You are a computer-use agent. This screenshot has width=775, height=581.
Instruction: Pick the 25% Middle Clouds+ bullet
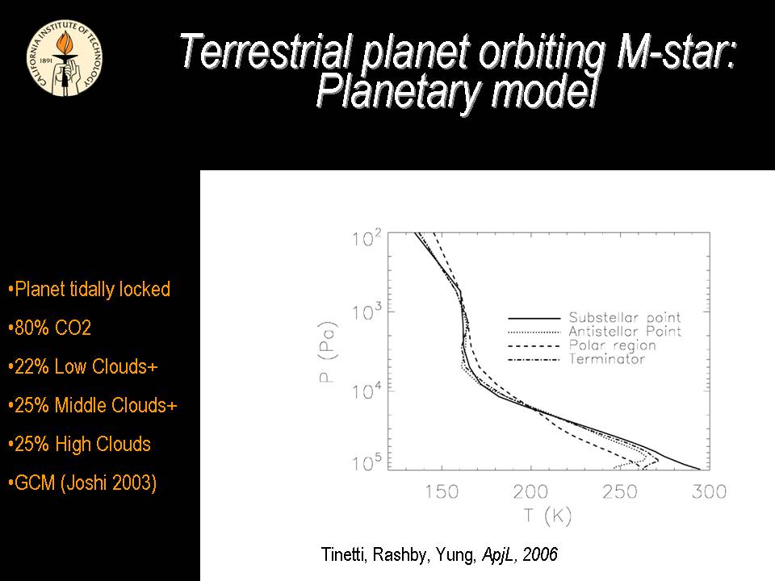point(92,405)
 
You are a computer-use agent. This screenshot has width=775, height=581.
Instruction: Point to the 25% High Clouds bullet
point(79,444)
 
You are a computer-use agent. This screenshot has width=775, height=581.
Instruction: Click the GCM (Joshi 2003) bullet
point(82,483)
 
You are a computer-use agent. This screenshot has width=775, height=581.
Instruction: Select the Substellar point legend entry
point(624,317)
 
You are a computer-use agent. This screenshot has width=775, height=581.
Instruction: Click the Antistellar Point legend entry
point(624,332)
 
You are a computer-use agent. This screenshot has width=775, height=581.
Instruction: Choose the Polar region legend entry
point(612,345)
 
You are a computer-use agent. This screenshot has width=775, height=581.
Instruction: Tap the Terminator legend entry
point(606,359)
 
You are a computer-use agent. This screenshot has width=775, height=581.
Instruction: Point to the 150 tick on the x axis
point(442,491)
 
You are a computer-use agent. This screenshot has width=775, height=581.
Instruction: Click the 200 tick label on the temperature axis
point(530,491)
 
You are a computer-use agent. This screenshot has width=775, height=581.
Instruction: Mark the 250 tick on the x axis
point(620,491)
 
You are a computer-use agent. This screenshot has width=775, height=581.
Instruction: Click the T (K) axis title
point(547,516)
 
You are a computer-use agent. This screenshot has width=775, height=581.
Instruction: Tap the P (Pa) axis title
point(329,352)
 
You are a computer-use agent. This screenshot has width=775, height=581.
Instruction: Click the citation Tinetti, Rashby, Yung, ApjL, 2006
point(439,555)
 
